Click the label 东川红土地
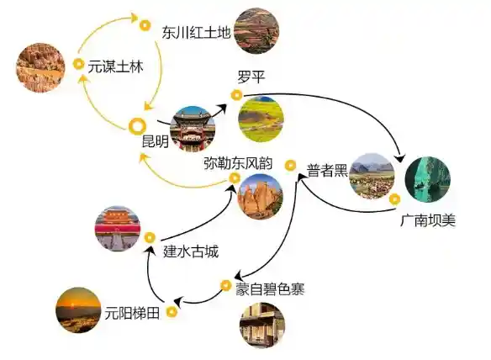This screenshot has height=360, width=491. (x=197, y=33)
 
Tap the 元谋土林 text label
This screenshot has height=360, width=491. (x=115, y=66)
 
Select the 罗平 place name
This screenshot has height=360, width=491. (x=251, y=77)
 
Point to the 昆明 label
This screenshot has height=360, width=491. (x=156, y=141)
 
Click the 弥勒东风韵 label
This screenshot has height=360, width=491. (x=238, y=163)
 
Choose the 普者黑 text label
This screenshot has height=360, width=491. (x=327, y=171)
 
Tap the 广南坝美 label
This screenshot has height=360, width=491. (x=428, y=220)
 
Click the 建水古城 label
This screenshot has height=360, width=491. (x=191, y=251)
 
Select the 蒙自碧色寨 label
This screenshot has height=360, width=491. (x=270, y=289)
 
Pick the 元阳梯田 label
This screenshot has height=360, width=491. (x=132, y=313)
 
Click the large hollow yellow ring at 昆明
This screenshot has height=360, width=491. (x=138, y=126)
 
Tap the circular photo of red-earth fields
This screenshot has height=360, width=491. (x=256, y=31)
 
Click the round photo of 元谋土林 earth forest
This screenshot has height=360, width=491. (x=40, y=67)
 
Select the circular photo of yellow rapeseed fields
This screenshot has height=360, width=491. (x=261, y=119)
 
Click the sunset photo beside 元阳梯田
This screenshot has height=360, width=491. (x=78, y=310)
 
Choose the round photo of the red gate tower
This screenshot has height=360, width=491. (x=118, y=229)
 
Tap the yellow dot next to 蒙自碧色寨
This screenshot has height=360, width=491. (x=225, y=285)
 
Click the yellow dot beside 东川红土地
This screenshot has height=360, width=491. (x=145, y=25)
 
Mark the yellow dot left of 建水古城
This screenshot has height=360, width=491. (x=150, y=237)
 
